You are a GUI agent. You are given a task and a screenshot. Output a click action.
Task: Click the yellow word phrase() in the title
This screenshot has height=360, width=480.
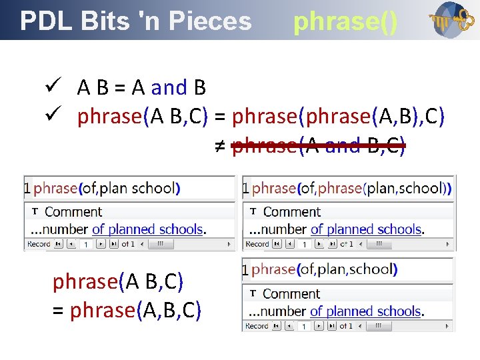click(x=345, y=22)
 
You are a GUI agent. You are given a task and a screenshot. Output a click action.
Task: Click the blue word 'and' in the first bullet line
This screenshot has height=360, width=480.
click(x=169, y=87)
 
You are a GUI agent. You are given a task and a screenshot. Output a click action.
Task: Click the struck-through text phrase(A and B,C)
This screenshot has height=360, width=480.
click(x=318, y=145)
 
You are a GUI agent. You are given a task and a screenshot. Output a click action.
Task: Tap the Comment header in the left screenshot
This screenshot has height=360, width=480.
click(x=73, y=212)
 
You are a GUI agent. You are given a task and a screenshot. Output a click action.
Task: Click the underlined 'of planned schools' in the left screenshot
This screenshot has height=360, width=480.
click(x=147, y=229)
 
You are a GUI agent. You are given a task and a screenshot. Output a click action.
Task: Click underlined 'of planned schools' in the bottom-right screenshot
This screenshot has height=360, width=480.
click(x=365, y=311)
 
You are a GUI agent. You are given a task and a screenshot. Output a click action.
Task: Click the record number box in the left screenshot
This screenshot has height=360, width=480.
click(x=85, y=245)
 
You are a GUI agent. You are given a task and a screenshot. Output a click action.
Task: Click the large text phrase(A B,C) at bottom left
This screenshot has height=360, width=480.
click(x=118, y=282)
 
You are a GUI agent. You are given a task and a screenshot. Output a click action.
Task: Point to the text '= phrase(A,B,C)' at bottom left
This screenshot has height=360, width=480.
click(x=127, y=310)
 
